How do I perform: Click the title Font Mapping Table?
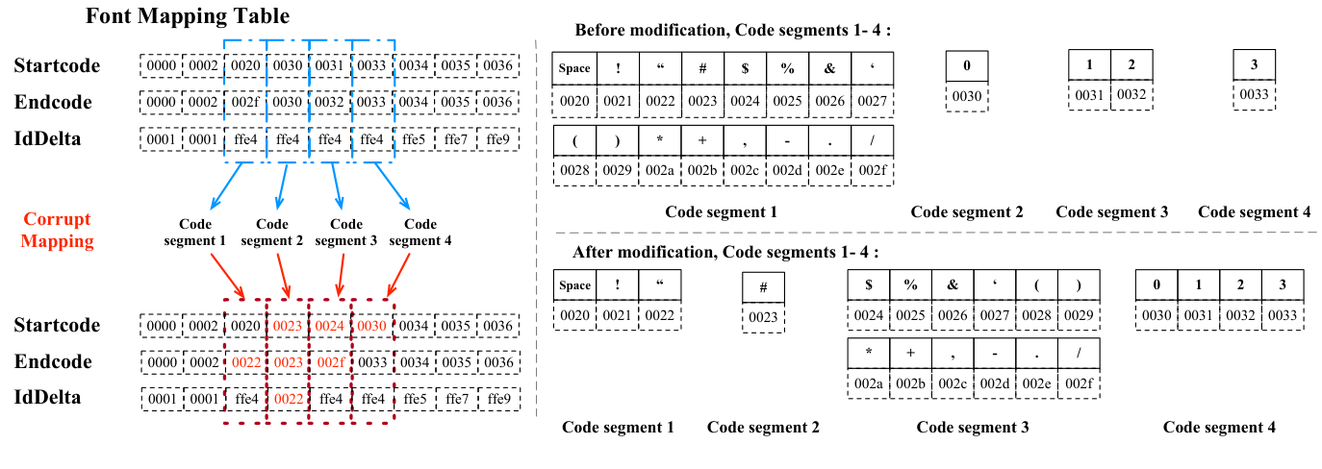(x=188, y=16)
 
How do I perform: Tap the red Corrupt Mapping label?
(x=58, y=231)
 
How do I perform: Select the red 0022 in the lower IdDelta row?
(x=288, y=398)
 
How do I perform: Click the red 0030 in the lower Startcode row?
(x=372, y=326)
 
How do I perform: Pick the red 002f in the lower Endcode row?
(x=330, y=362)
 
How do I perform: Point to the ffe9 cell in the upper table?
(x=497, y=139)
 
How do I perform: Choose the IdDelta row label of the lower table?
(x=47, y=398)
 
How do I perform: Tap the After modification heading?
(x=725, y=253)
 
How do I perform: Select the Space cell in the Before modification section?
(x=575, y=68)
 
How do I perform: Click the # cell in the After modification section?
(x=763, y=288)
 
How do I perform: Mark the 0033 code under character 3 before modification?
(x=1254, y=94)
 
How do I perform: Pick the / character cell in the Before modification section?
(x=873, y=139)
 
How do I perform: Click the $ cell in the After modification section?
(x=869, y=285)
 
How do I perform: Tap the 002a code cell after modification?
(x=869, y=383)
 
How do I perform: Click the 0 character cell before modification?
(x=967, y=65)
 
